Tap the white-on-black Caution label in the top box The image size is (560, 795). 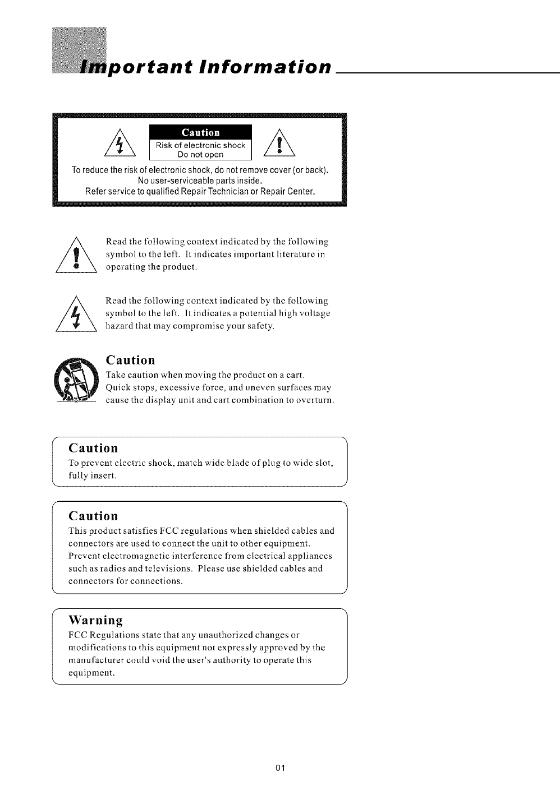click(x=200, y=133)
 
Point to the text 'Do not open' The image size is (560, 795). click(x=200, y=155)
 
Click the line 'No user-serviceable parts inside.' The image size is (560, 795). click(x=200, y=181)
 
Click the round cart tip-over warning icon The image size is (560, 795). click(x=76, y=379)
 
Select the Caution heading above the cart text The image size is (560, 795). click(x=130, y=359)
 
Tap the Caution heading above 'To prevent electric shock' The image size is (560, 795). click(x=93, y=448)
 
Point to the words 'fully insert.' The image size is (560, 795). click(x=92, y=475)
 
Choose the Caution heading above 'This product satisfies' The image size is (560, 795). click(x=93, y=515)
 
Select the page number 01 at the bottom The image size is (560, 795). click(x=281, y=768)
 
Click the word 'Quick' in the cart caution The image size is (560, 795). click(x=117, y=388)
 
